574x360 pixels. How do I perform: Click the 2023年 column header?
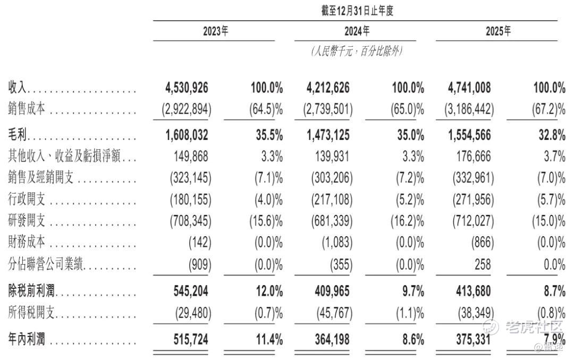(x=215, y=31)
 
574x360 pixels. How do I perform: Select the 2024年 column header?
(x=357, y=31)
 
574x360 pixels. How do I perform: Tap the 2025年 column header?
(x=498, y=31)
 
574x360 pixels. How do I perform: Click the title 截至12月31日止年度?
(x=357, y=11)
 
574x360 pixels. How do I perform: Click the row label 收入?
(x=17, y=88)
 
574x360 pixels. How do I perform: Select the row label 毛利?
(x=17, y=135)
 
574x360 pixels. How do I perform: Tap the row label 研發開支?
(x=27, y=221)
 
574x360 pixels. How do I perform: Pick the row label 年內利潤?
(x=27, y=339)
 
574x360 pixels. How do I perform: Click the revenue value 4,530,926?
(x=187, y=88)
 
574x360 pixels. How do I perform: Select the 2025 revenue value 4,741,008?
(x=469, y=88)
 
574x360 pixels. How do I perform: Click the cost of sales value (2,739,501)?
(x=328, y=109)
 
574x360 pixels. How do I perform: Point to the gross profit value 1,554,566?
(x=469, y=135)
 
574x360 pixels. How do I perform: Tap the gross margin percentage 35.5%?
(x=269, y=135)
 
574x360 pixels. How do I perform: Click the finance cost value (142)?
(x=200, y=242)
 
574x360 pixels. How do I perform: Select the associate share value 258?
(x=483, y=264)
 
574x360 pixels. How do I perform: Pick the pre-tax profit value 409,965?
(x=332, y=291)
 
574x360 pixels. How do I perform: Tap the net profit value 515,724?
(x=191, y=339)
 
